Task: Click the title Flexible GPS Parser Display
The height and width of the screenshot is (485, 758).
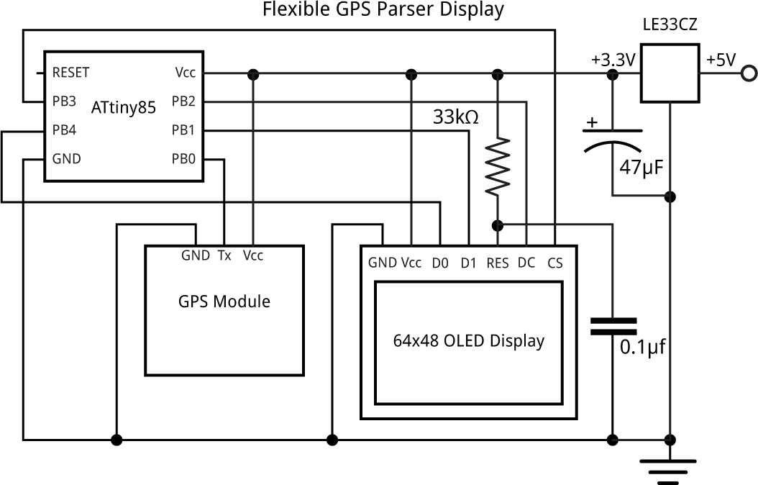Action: pos(383,10)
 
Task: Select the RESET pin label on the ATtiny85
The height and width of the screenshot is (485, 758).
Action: pos(70,73)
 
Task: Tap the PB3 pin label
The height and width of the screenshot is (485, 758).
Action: pos(64,101)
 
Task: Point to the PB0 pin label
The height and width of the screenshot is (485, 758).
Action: pos(183,159)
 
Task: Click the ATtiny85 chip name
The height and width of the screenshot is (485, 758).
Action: pos(124,109)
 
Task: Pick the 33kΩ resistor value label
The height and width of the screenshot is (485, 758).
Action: pos(455,117)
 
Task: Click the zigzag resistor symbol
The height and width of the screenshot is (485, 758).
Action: pos(497,168)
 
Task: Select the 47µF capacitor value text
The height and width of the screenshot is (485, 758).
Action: pos(640,168)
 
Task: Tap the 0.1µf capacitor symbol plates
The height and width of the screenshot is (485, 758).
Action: pos(613,326)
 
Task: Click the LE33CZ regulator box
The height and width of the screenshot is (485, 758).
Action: pos(670,73)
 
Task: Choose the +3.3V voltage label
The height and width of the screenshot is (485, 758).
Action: pos(613,60)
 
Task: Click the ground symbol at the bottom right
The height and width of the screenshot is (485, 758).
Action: pos(670,468)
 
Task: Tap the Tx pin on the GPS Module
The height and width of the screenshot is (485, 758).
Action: pos(224,255)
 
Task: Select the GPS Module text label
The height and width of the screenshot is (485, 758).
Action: pos(224,302)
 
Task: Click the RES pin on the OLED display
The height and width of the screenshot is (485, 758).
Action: pos(498,263)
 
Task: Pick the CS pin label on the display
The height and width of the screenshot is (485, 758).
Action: pos(554,263)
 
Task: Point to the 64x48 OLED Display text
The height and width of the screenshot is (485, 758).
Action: pos(468,340)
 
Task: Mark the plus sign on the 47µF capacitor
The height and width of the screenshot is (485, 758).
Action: pos(592,122)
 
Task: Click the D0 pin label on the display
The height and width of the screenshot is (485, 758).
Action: pos(439,263)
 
